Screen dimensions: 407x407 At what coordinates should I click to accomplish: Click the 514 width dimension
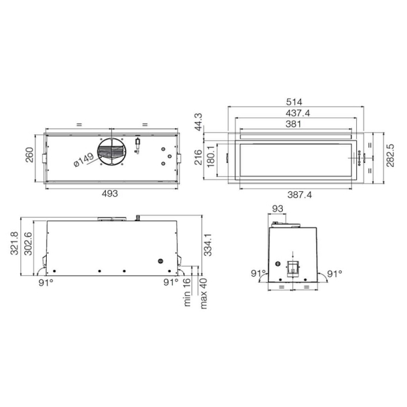click(x=294, y=102)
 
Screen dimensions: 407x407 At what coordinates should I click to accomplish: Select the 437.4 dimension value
click(x=298, y=113)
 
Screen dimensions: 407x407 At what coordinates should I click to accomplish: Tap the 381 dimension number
click(x=293, y=124)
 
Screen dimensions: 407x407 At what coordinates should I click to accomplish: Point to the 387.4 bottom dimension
click(x=300, y=195)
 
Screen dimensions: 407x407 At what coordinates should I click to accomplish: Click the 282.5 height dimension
click(x=390, y=155)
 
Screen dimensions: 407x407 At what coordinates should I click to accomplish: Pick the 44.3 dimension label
click(x=198, y=122)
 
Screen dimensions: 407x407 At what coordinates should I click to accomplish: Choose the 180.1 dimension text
click(x=211, y=156)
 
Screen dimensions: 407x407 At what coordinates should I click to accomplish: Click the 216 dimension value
click(x=198, y=157)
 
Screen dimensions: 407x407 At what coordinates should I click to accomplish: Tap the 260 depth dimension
click(x=29, y=155)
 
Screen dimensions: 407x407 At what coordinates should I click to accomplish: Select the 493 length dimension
click(x=109, y=193)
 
